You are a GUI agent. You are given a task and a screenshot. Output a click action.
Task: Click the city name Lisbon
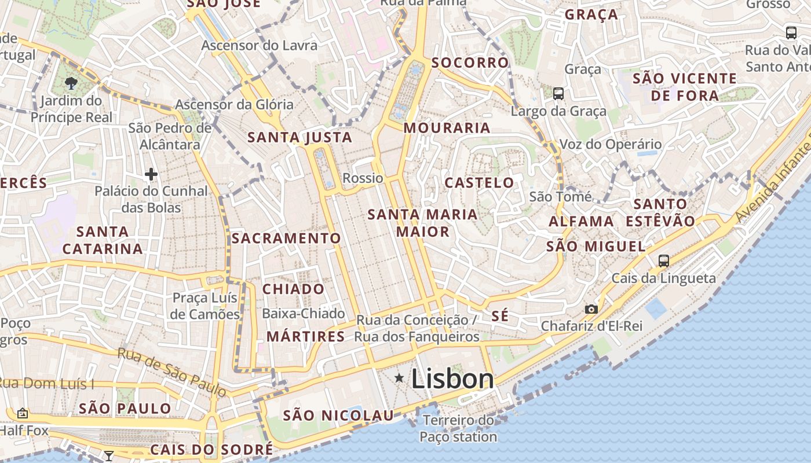[452, 379]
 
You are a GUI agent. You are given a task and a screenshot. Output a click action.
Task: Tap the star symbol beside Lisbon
[399, 379]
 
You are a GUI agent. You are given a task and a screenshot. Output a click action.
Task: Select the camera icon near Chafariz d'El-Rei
[591, 309]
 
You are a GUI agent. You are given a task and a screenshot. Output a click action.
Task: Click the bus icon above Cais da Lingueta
[664, 260]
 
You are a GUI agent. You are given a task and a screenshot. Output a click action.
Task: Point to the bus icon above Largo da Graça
[558, 93]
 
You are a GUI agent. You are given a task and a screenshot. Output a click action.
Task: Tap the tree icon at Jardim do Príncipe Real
[71, 83]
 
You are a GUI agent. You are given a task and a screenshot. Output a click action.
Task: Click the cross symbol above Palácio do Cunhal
[151, 174]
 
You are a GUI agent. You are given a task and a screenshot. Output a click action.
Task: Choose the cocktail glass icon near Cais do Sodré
[108, 455]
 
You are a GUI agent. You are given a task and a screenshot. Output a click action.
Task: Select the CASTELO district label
[479, 183]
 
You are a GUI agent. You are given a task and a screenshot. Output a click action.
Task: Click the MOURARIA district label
[447, 128]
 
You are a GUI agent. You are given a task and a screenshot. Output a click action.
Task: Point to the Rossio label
[363, 178]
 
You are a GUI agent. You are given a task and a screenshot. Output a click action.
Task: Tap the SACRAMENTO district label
[286, 238]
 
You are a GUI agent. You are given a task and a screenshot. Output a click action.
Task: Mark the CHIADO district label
[294, 289]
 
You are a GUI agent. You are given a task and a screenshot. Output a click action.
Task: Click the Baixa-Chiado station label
[304, 314]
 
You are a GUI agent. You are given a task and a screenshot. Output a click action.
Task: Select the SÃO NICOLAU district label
[338, 415]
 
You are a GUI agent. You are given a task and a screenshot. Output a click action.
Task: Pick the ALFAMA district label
[581, 221]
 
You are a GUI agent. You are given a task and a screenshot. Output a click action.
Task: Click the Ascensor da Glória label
[234, 105]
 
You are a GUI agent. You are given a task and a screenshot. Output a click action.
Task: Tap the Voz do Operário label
[611, 144]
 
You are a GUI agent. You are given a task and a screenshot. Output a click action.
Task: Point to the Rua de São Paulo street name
[172, 372]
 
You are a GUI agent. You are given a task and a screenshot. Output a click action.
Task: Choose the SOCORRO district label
[470, 62]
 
